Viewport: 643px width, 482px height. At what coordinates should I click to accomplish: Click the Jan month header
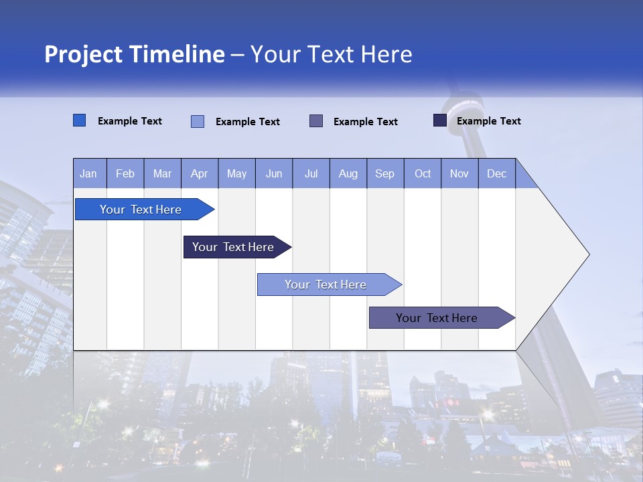pos(89,173)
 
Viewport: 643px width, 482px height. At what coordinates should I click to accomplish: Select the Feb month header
pos(125,173)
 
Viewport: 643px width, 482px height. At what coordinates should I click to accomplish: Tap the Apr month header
pos(199,173)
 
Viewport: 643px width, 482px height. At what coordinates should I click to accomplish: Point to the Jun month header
pos(274,173)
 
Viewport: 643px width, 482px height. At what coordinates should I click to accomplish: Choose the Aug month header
pos(348,173)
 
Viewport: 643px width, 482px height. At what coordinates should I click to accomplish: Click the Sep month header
pos(385,173)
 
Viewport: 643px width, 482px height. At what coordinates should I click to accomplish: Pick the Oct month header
pos(423,173)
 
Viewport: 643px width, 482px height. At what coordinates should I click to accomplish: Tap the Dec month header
pos(497,173)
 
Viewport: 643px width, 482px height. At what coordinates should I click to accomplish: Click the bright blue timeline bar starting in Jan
pos(141,210)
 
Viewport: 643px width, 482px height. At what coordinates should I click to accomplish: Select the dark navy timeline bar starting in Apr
pos(233,247)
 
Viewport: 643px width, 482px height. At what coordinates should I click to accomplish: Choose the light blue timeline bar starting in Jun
pos(326,285)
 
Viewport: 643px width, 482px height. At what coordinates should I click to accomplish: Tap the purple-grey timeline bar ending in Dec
pos(437,318)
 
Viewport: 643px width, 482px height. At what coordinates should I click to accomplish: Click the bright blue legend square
pos(79,120)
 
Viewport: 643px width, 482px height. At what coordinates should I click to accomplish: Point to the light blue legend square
pos(198,121)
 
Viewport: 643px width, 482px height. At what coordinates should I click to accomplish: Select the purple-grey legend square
pos(316,120)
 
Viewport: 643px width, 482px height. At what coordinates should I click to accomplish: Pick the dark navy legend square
pos(440,120)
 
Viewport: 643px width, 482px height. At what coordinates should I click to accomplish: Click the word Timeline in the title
pos(177,54)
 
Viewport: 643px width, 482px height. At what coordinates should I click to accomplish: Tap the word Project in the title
pos(84,54)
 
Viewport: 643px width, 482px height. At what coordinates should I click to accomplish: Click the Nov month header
pos(459,173)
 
